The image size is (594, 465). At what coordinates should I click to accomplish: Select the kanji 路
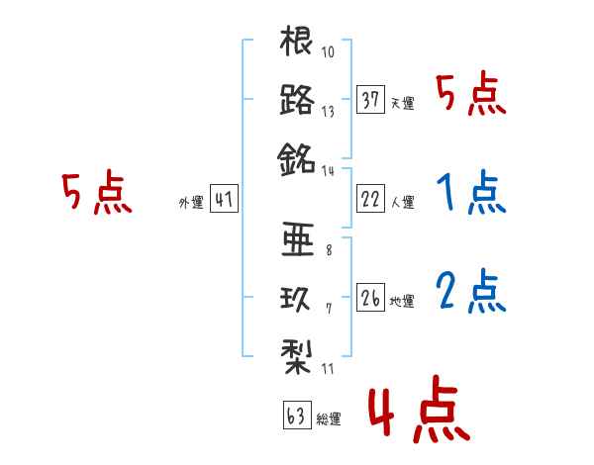(x=297, y=99)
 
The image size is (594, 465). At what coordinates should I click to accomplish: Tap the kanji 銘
(x=297, y=156)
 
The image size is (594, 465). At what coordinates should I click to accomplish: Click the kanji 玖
(x=297, y=296)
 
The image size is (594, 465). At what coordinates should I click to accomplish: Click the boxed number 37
(x=370, y=99)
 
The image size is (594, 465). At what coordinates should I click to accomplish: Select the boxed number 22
(x=370, y=199)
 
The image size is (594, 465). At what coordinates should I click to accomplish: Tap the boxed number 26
(x=370, y=296)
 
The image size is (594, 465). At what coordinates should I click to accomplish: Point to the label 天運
(x=402, y=103)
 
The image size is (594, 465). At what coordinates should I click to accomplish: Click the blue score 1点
(x=470, y=194)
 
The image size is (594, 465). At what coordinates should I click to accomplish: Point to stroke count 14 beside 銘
(x=329, y=169)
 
